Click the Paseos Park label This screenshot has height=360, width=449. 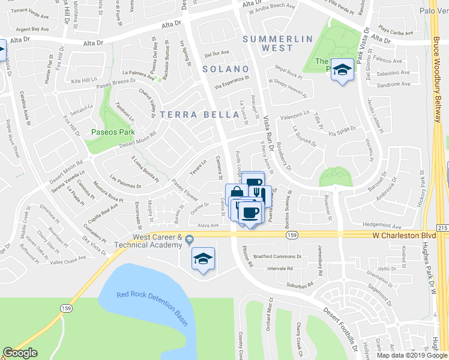107,132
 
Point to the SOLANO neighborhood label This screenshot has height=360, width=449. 225,69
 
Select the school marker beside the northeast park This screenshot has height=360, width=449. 342,70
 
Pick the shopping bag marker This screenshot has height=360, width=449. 237,193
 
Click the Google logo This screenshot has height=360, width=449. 20,353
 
